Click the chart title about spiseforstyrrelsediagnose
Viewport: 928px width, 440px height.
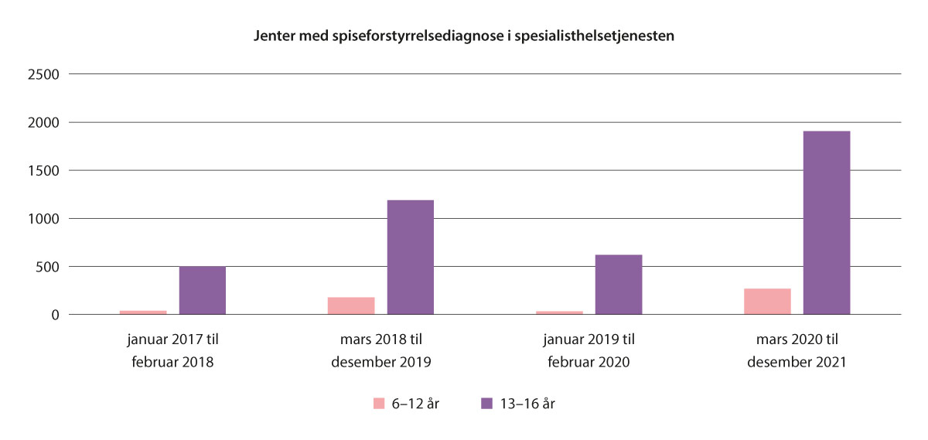point(464,36)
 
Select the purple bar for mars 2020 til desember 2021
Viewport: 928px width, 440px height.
point(827,223)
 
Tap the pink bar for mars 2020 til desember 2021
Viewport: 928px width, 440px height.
point(767,302)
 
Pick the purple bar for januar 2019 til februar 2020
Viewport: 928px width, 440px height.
point(619,285)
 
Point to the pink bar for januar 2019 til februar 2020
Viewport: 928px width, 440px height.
point(559,312)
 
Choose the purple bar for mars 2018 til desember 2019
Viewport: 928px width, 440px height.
point(411,258)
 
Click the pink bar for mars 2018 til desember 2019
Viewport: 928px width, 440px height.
point(351,305)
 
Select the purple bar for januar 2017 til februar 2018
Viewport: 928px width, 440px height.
point(203,291)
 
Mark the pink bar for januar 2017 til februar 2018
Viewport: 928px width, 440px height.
point(143,312)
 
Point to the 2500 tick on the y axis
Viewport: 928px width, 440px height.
point(43,74)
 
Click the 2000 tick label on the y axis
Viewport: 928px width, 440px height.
point(43,122)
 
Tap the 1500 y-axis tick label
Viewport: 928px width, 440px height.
point(43,170)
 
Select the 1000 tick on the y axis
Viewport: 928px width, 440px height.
point(43,219)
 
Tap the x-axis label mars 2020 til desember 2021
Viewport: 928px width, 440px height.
point(797,350)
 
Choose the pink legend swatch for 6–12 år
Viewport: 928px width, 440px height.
point(379,403)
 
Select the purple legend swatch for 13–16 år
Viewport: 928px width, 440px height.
point(486,403)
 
